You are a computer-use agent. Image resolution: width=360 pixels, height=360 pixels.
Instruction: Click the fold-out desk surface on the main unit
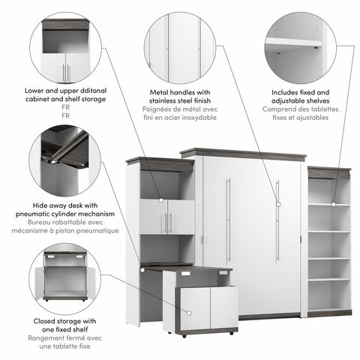click(x=184, y=265)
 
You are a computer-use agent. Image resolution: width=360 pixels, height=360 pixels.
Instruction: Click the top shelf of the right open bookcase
click(x=328, y=205)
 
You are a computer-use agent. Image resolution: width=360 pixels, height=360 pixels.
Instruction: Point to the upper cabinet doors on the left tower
click(x=169, y=217)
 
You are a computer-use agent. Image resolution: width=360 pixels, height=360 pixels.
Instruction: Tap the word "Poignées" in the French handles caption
click(x=158, y=109)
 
